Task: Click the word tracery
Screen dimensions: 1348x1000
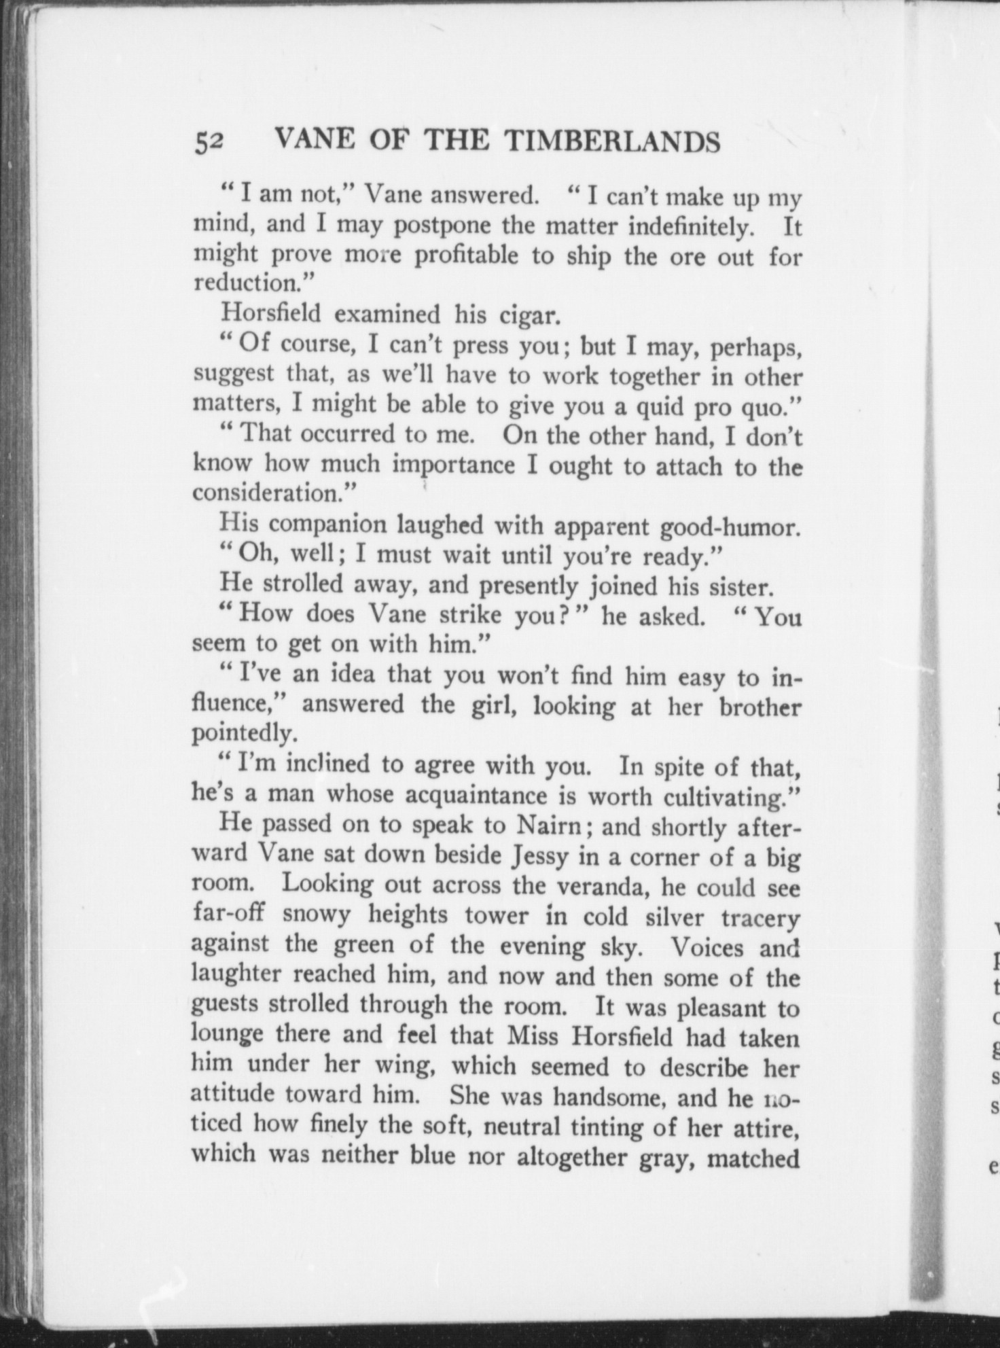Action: point(760,917)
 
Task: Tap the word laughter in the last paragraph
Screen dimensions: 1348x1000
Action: point(235,975)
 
